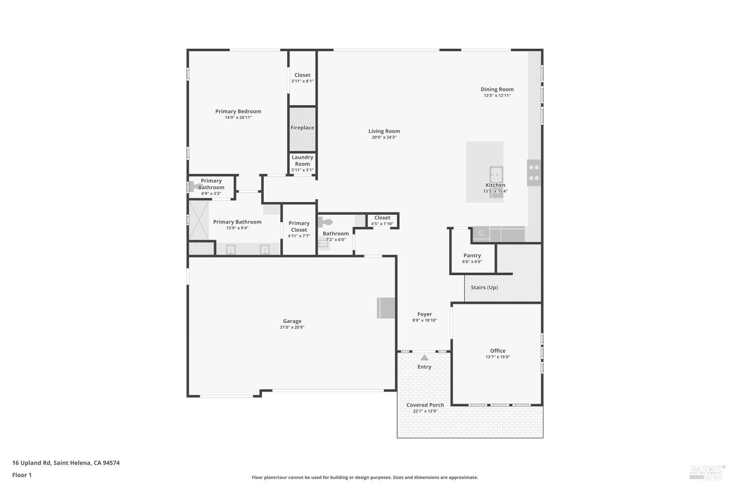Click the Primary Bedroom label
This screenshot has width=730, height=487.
238,112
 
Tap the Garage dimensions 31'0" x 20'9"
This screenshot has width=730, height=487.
292,327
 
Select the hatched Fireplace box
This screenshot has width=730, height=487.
302,129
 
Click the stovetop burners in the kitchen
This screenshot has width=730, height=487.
534,172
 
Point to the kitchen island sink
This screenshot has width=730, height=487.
496,174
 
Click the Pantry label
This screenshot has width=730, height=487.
472,255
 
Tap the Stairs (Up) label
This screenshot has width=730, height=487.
484,287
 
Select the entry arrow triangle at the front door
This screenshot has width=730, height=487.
424,357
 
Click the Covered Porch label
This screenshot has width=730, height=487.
425,405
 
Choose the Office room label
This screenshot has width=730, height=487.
497,351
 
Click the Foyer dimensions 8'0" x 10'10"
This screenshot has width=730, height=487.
424,320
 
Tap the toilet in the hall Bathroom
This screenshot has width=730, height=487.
326,222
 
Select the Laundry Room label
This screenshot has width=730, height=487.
302,161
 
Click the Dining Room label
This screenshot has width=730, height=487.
497,89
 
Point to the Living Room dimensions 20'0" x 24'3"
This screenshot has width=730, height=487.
384,137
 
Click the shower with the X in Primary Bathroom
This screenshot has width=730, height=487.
199,220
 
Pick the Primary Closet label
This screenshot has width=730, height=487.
299,226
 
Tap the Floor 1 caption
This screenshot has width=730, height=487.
22,475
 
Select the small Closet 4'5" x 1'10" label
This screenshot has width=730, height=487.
382,218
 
